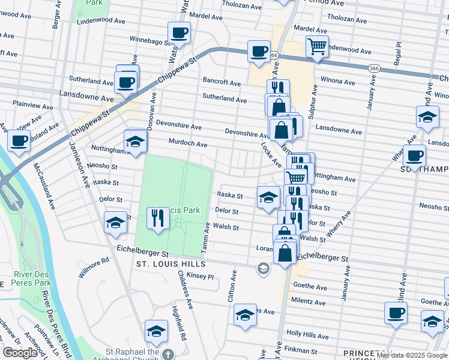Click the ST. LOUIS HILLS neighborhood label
pyautogui.click(x=171, y=264)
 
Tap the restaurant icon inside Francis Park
pyautogui.click(x=157, y=217)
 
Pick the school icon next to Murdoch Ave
pyautogui.click(x=135, y=142)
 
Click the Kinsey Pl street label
pyautogui.click(x=200, y=277)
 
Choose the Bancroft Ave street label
pyautogui.click(x=221, y=81)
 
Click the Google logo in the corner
pyautogui.click(x=20, y=353)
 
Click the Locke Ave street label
pyautogui.click(x=271, y=154)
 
